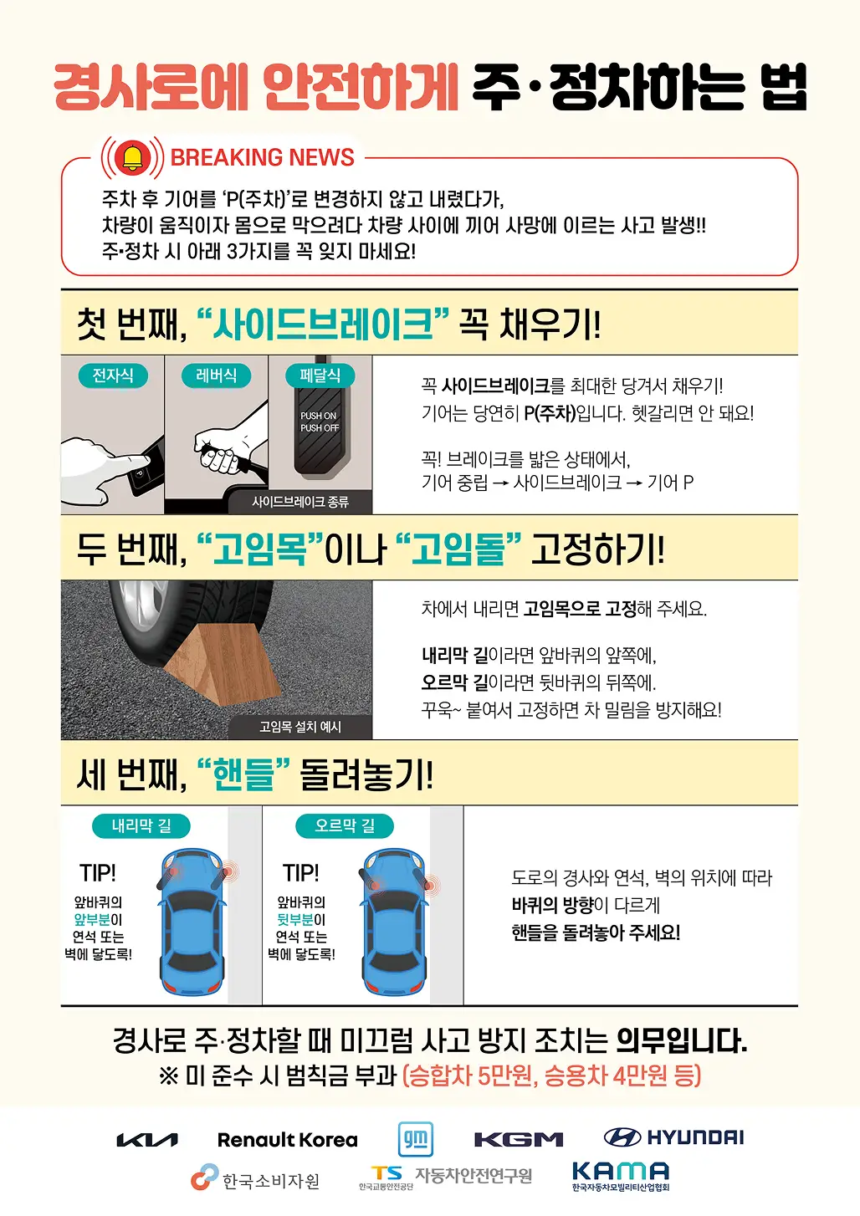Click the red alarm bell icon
[132, 157]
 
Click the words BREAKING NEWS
[262, 157]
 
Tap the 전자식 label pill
[113, 376]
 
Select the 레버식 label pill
[216, 376]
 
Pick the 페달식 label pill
[320, 376]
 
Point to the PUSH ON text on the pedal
[319, 416]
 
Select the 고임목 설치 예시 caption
[300, 727]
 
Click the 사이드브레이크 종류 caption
[300, 502]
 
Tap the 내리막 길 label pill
[141, 826]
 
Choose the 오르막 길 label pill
[345, 826]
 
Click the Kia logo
[147, 1140]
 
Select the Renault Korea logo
[288, 1140]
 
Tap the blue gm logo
[416, 1139]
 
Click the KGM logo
[519, 1139]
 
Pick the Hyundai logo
[673, 1137]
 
